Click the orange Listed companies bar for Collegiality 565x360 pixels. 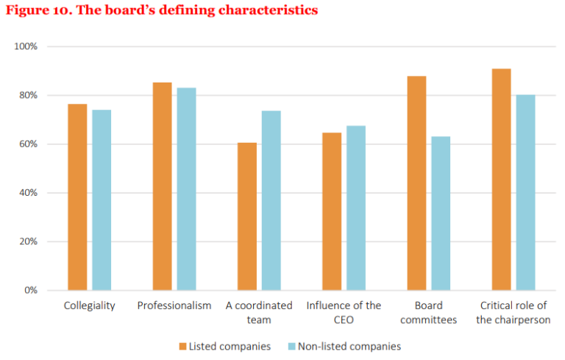pyautogui.click(x=77, y=197)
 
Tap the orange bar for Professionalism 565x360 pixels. pyautogui.click(x=162, y=186)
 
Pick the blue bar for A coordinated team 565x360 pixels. pyautogui.click(x=271, y=200)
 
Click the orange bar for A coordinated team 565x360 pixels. pyautogui.click(x=247, y=216)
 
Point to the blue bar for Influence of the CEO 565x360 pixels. pyautogui.click(x=356, y=208)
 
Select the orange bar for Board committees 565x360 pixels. pyautogui.click(x=416, y=183)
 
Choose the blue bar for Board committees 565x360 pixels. pyautogui.click(x=441, y=213)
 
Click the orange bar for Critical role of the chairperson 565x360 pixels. pyautogui.click(x=502, y=180)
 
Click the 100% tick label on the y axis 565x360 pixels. pyautogui.click(x=26, y=46)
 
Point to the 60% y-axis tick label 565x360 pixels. pyautogui.click(x=28, y=144)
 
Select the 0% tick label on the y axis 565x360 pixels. pyautogui.click(x=30, y=290)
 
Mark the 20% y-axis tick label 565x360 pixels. pyautogui.click(x=28, y=241)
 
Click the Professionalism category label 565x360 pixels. pyautogui.click(x=174, y=306)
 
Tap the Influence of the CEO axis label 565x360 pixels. pyautogui.click(x=344, y=312)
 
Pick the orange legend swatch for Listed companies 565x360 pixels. pyautogui.click(x=182, y=346)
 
